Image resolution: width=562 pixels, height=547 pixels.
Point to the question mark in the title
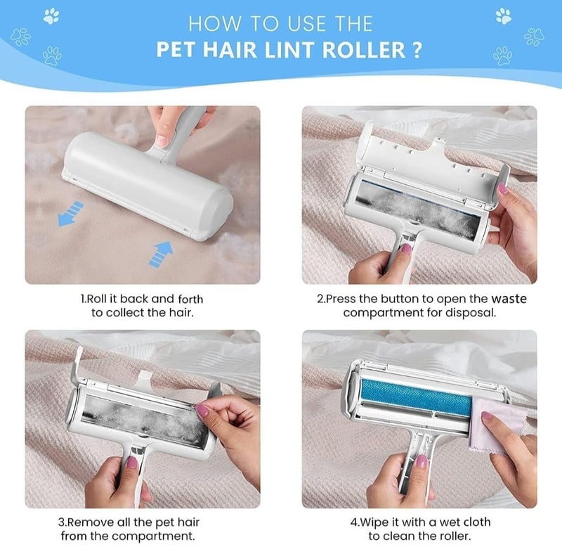(417, 51)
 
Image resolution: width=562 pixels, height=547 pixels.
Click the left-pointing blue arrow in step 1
(70, 214)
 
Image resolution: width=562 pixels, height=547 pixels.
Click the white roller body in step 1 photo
(148, 176)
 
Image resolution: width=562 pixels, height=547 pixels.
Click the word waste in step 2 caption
(509, 299)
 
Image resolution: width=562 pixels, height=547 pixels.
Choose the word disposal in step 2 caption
(473, 312)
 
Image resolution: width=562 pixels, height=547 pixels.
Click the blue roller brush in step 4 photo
(407, 395)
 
